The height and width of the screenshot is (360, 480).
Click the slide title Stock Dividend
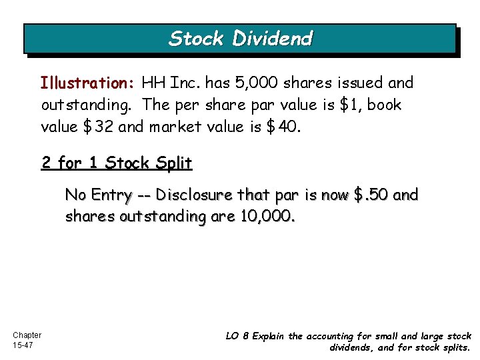pyautogui.click(x=240, y=39)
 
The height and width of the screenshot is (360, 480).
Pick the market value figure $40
pyautogui.click(x=287, y=127)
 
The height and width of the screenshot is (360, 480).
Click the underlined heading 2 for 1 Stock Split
pyautogui.click(x=117, y=163)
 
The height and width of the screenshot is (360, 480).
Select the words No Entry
pyautogui.click(x=97, y=195)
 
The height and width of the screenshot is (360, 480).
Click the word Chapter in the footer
pyautogui.click(x=27, y=335)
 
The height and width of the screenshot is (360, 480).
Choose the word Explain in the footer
pyautogui.click(x=267, y=336)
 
